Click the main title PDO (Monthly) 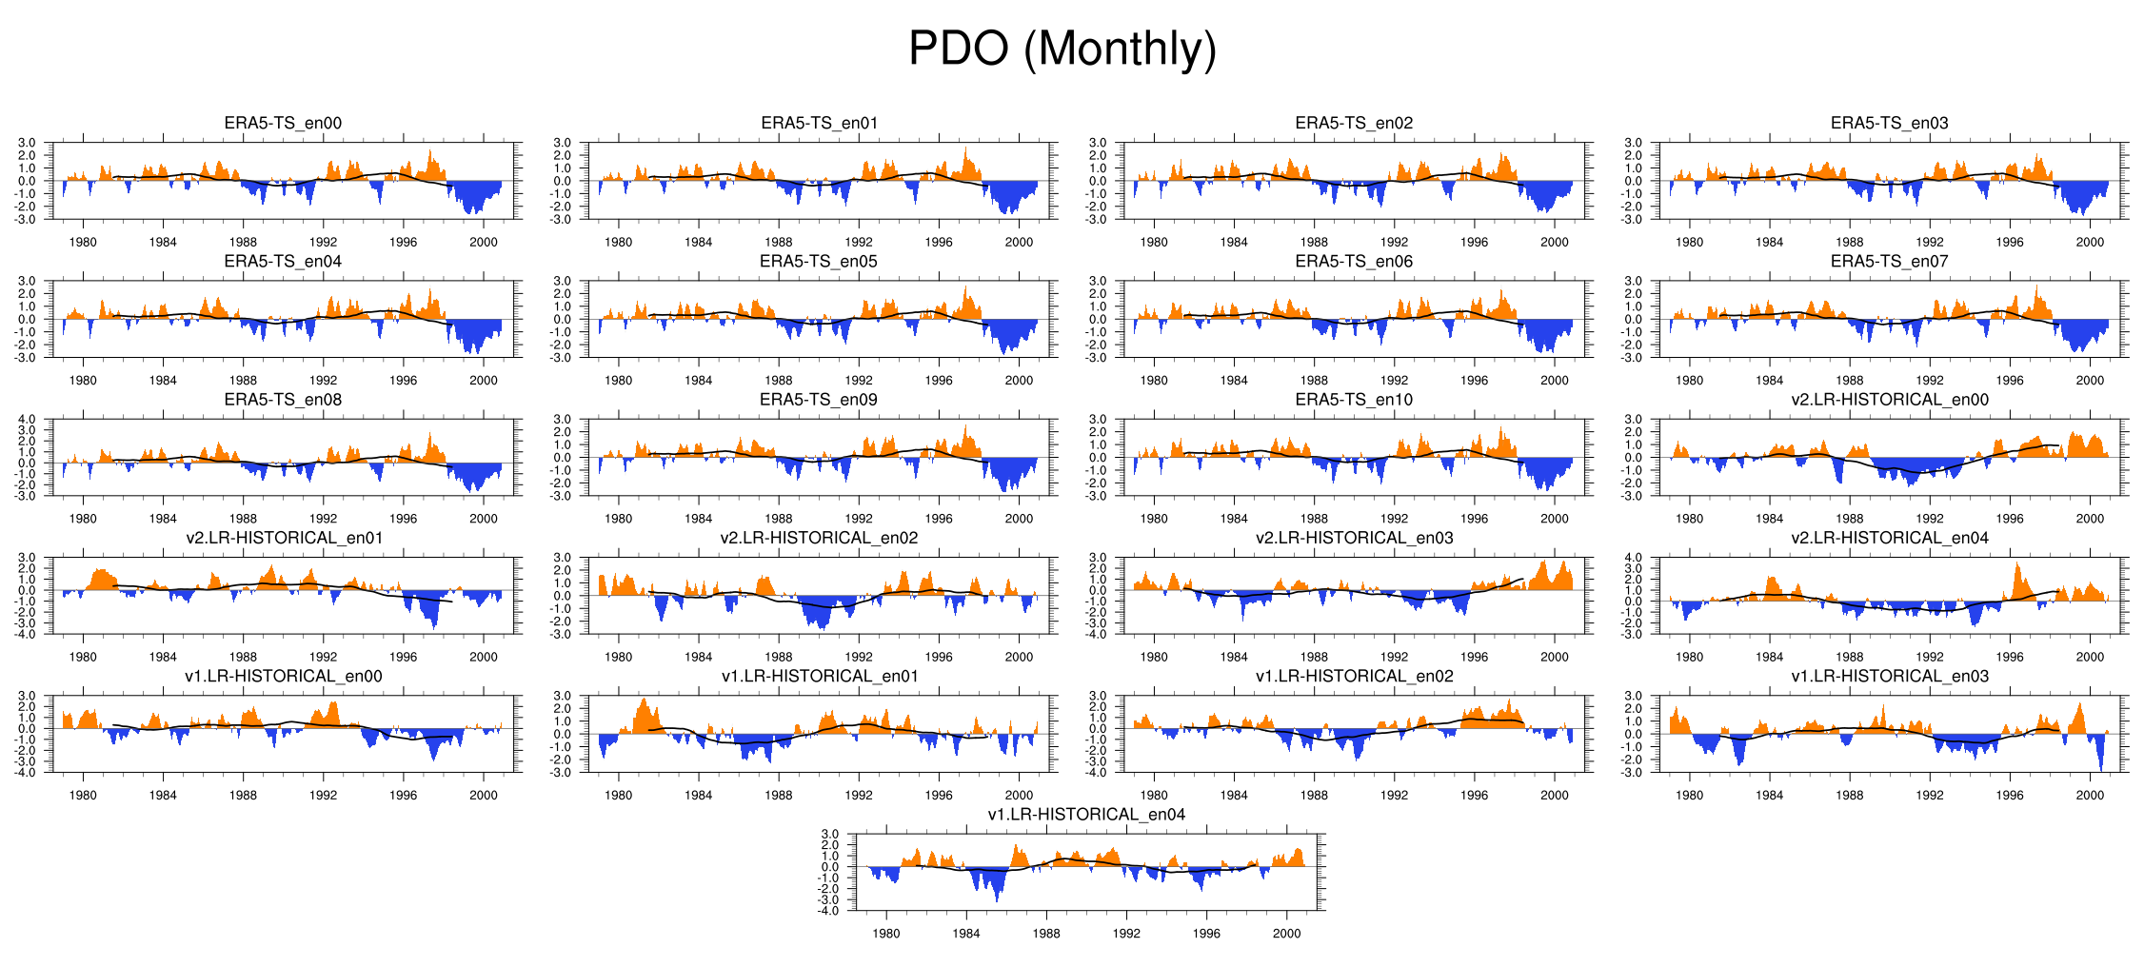pyautogui.click(x=1062, y=49)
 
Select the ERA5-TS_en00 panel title pyautogui.click(x=283, y=123)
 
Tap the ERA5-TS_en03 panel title pyautogui.click(x=1889, y=123)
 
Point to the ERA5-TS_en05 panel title pyautogui.click(x=818, y=261)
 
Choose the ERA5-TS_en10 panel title pyautogui.click(x=1354, y=400)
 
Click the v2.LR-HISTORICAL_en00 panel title pyautogui.click(x=1889, y=400)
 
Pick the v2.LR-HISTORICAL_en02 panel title pyautogui.click(x=818, y=538)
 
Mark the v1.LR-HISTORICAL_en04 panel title pyautogui.click(x=1086, y=814)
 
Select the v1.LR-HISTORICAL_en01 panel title pyautogui.click(x=818, y=676)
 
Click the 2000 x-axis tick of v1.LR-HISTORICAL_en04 pyautogui.click(x=1286, y=934)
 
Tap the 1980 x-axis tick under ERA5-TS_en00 pyautogui.click(x=83, y=242)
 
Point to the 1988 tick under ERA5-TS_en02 pyautogui.click(x=1314, y=242)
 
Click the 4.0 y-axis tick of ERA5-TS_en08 pyautogui.click(x=27, y=420)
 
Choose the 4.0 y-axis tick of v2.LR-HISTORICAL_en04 pyautogui.click(x=1634, y=558)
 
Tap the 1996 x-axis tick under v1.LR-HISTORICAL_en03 pyautogui.click(x=2010, y=795)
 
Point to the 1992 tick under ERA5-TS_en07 pyautogui.click(x=1930, y=380)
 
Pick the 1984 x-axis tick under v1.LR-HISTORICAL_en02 pyautogui.click(x=1234, y=795)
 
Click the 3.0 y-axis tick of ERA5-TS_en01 pyautogui.click(x=563, y=143)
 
